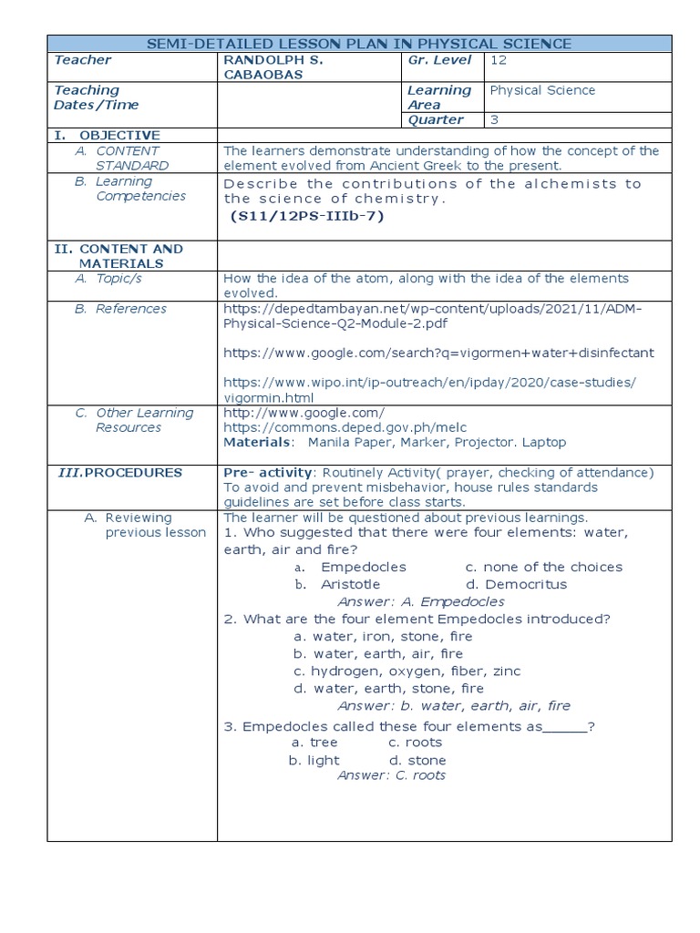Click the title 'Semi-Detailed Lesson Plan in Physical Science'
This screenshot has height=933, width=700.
click(359, 43)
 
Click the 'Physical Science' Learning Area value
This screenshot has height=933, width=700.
click(542, 90)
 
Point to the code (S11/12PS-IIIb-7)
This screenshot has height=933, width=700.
click(307, 216)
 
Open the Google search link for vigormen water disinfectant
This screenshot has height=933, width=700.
click(438, 352)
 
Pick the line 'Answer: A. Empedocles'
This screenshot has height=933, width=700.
click(420, 601)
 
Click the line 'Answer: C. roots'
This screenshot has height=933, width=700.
click(391, 774)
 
